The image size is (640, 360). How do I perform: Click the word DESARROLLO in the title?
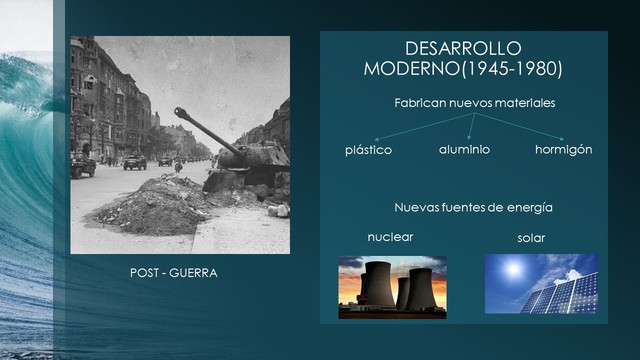click(x=463, y=49)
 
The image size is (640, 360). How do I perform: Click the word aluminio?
click(x=464, y=149)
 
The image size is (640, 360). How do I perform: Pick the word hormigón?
click(x=564, y=149)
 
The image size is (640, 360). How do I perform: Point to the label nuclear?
click(x=390, y=237)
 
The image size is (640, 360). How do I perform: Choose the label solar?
click(x=531, y=238)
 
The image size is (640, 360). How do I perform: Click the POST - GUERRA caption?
click(x=174, y=272)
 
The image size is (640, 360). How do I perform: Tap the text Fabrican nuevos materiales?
click(x=474, y=103)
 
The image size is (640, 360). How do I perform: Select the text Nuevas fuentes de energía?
click(x=474, y=207)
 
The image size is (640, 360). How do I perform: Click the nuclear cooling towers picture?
click(x=393, y=287)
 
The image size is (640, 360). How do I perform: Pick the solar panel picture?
click(x=541, y=285)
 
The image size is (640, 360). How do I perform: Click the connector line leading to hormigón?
click(x=524, y=127)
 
